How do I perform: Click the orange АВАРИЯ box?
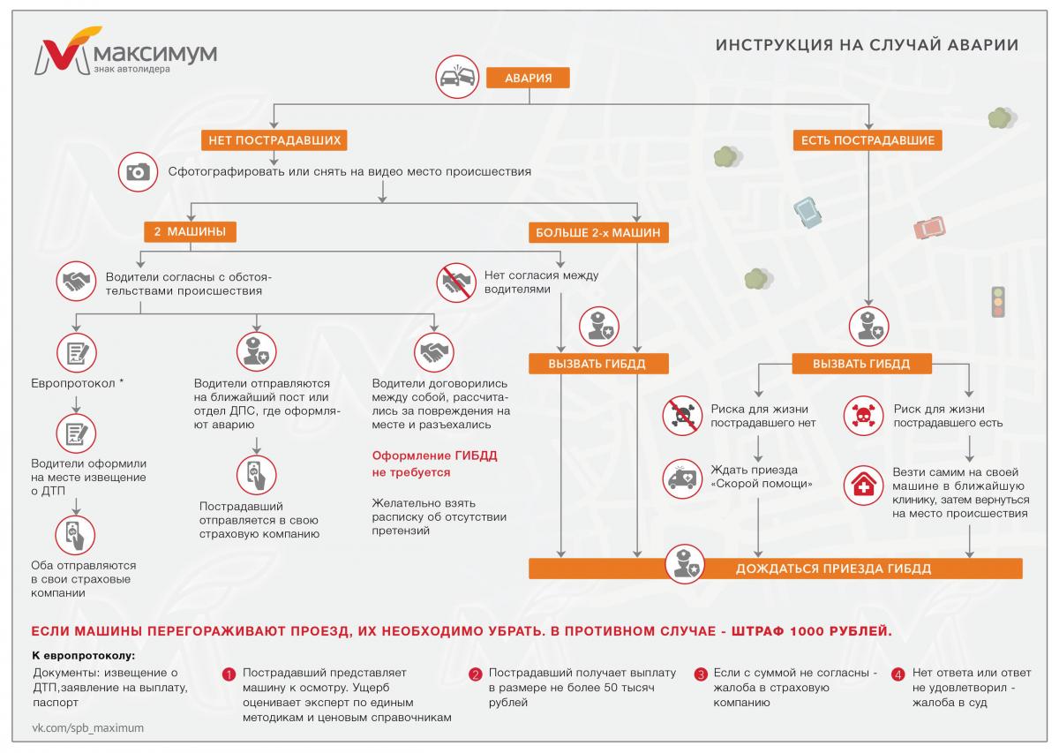[529, 78]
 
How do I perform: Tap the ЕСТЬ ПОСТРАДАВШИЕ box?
[867, 140]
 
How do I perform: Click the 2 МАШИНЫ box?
[190, 232]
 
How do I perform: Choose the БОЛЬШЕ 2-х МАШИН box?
[597, 233]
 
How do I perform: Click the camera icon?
[137, 172]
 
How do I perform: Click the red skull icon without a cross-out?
[863, 415]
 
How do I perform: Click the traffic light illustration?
[998, 301]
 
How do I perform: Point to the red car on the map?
[929, 228]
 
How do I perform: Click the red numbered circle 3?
[701, 674]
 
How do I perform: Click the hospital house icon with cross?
[863, 486]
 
